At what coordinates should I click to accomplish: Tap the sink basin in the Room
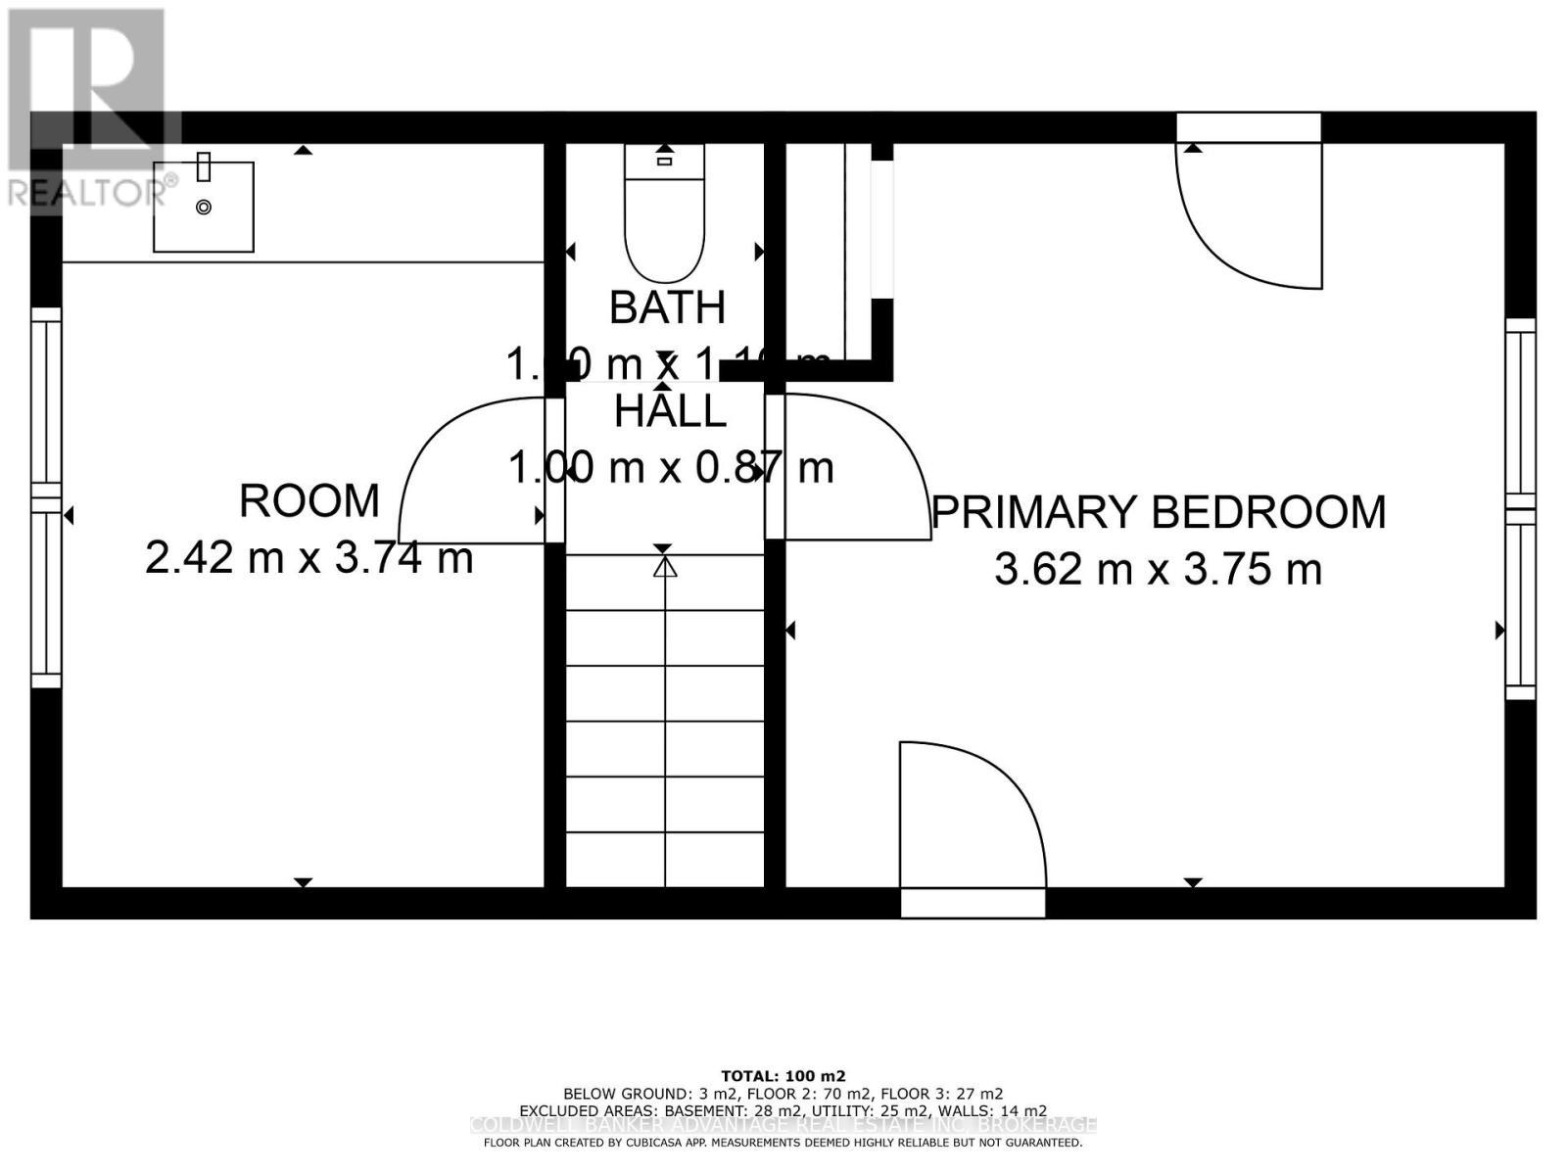204,207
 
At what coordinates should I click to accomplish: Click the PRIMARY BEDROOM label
1159,512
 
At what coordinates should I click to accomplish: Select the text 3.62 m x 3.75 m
1159,569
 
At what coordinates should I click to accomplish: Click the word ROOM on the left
309,501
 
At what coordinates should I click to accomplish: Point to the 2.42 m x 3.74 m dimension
309,558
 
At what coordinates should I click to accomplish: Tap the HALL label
670,411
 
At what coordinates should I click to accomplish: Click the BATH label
667,307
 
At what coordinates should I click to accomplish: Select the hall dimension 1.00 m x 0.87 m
670,467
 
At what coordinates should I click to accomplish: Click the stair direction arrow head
665,566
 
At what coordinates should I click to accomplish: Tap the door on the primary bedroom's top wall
1249,211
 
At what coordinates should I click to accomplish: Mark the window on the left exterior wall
45,497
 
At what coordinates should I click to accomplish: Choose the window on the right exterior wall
1520,509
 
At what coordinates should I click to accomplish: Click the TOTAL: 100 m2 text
783,1074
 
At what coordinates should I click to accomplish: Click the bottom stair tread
665,860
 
